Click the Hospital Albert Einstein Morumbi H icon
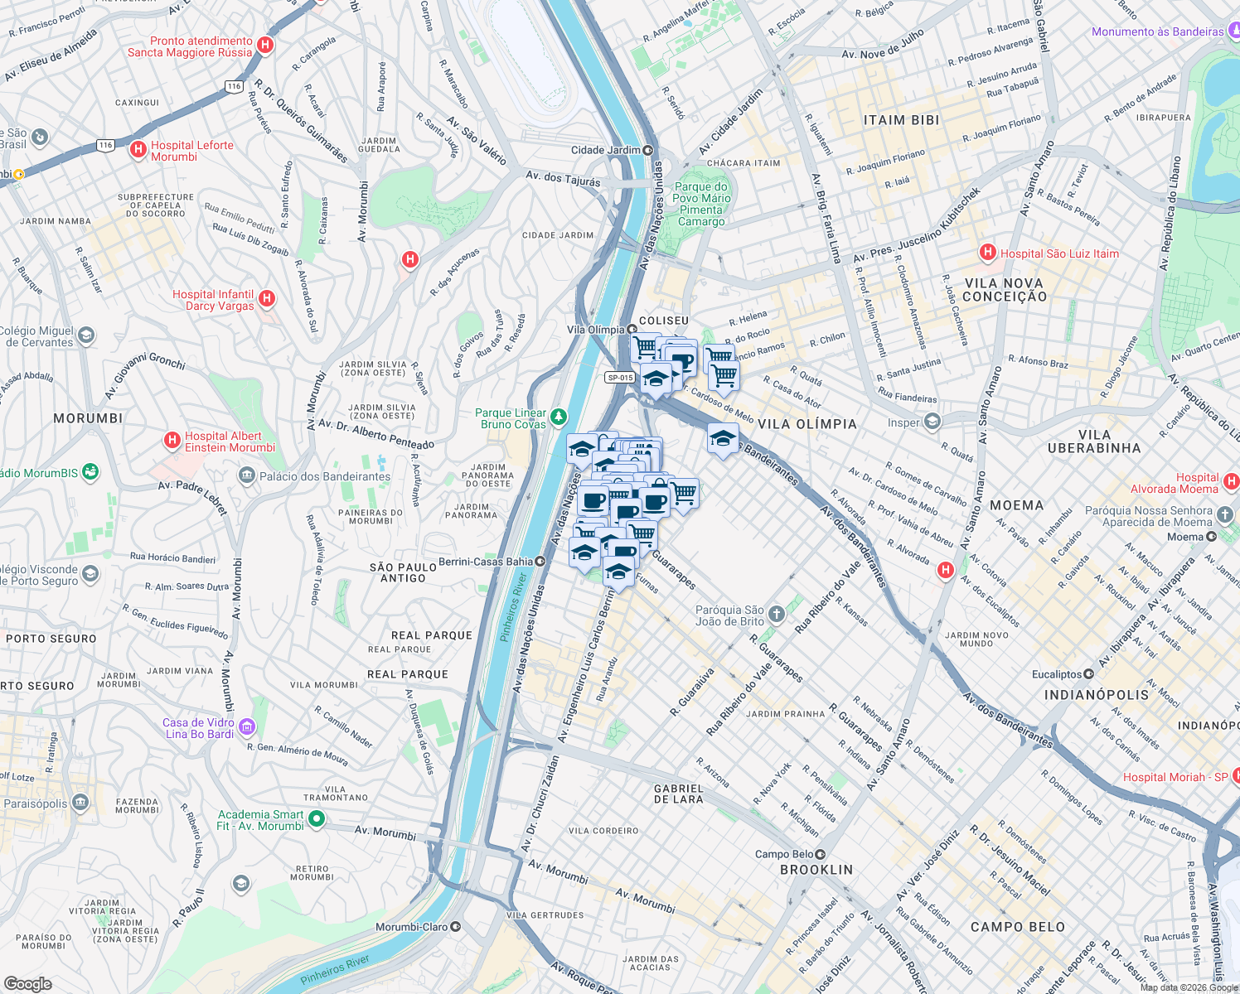point(172,440)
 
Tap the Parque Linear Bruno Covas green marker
point(559,416)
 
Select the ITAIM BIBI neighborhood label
point(901,120)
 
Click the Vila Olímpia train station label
point(596,330)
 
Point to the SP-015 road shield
point(620,378)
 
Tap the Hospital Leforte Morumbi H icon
point(138,149)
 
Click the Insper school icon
point(932,422)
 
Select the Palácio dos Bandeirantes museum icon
point(246,475)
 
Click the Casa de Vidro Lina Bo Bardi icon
point(247,727)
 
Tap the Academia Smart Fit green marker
point(317,819)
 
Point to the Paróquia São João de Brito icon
point(776,614)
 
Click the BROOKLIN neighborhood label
point(816,870)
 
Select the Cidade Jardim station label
point(606,150)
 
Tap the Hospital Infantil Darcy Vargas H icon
point(266,298)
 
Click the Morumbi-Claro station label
point(412,927)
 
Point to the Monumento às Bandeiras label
point(1157,31)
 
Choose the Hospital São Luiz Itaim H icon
point(987,252)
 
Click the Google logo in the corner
point(27,983)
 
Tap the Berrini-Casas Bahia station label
point(486,562)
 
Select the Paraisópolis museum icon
point(80,803)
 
